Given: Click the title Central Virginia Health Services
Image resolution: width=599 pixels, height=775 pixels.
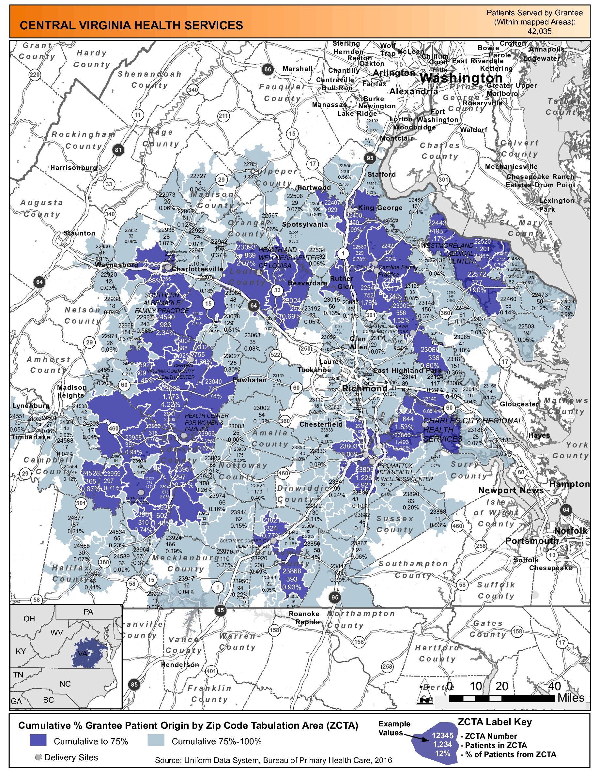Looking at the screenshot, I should tap(131, 25).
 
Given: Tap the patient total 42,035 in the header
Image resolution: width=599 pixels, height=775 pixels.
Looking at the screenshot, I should tap(539, 31).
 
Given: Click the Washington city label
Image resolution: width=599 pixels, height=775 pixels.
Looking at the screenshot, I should tap(461, 78).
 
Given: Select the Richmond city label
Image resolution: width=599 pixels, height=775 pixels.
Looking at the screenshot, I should tap(364, 388).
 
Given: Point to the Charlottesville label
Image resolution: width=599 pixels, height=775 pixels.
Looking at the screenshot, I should tap(197, 269).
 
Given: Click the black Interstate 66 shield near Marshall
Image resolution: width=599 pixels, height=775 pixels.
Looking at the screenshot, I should tap(268, 69).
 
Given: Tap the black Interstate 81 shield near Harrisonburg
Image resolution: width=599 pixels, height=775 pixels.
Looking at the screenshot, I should tap(118, 150).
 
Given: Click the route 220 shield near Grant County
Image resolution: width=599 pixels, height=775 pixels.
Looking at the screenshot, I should tap(35, 74).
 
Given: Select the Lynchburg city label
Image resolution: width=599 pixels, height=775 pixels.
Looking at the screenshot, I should tap(31, 405).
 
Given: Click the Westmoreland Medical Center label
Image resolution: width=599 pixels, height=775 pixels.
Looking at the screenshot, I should tap(449, 253).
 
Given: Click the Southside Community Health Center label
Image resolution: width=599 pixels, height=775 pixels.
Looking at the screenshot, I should tap(244, 543).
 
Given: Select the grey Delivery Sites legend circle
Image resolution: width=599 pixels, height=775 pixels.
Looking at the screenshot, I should tap(39, 757).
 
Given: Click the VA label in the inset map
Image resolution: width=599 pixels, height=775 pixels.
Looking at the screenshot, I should tap(82, 653).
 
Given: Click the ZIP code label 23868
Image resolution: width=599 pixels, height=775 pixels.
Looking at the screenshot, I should tap(292, 570).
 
